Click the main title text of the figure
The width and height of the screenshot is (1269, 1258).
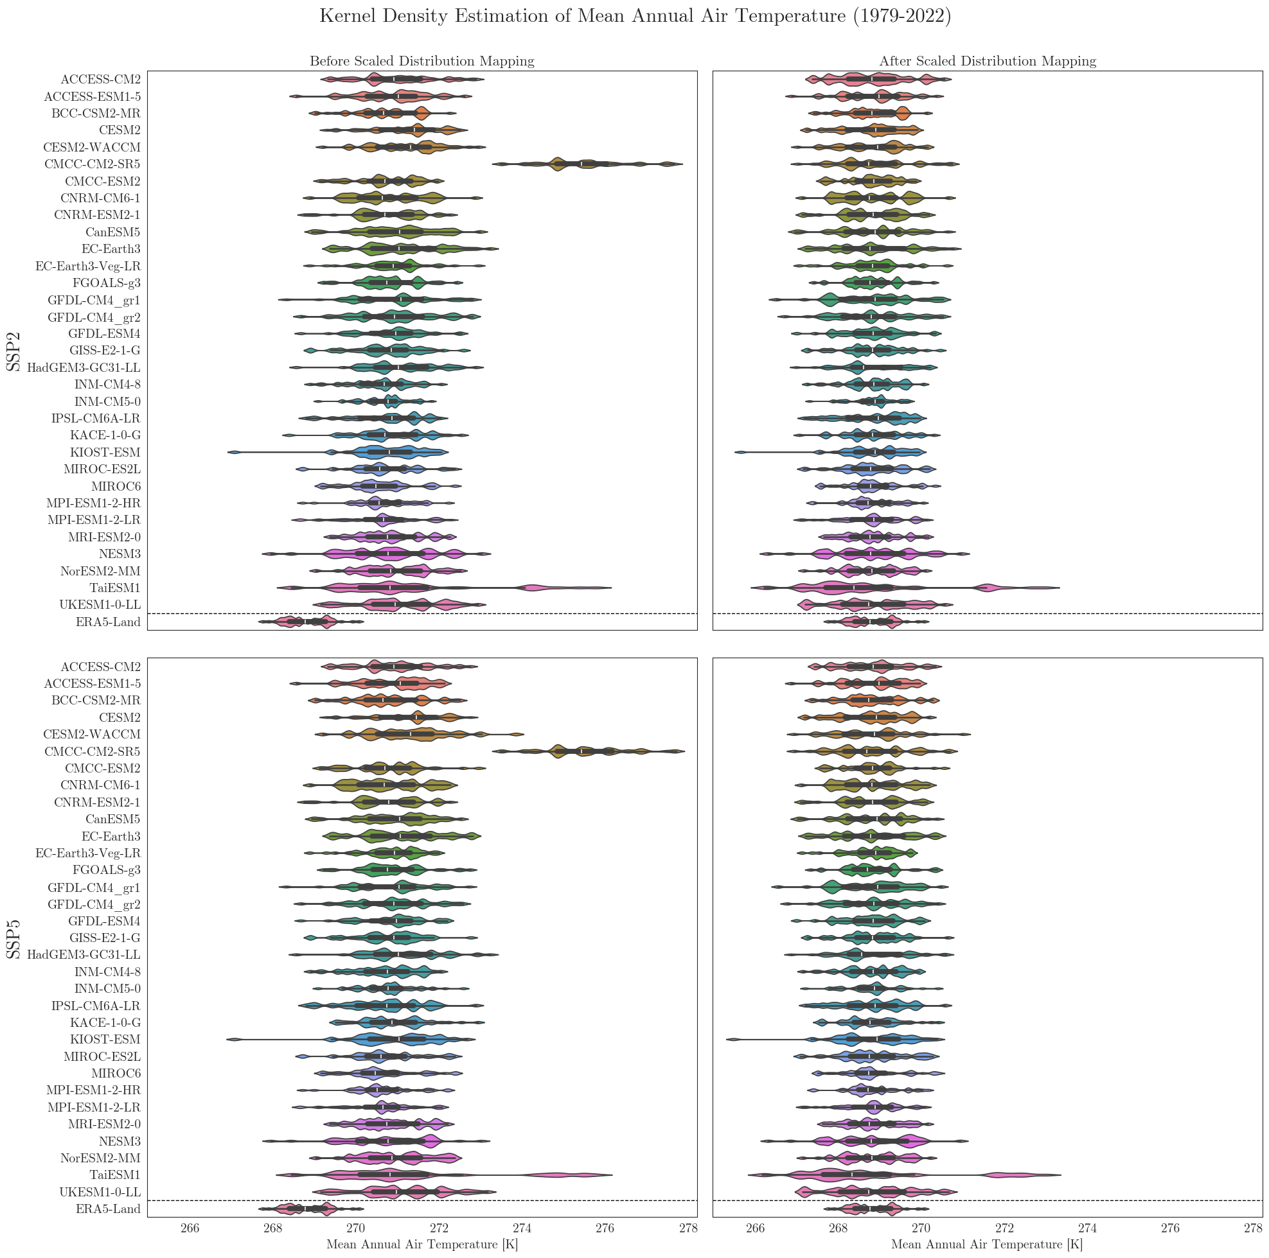[635, 17]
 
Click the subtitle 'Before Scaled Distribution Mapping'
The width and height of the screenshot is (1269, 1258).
[422, 62]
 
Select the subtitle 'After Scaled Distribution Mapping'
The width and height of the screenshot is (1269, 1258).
[987, 62]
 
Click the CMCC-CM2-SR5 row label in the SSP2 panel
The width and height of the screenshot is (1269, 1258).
[92, 164]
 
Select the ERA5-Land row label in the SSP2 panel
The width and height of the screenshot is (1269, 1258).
[108, 622]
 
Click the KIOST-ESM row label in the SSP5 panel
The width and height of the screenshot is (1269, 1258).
[105, 1040]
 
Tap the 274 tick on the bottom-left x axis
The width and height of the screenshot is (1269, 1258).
[522, 1227]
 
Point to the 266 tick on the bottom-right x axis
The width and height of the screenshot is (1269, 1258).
[756, 1227]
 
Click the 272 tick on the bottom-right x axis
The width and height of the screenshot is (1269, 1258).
[1004, 1227]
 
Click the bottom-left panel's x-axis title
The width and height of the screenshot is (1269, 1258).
[422, 1245]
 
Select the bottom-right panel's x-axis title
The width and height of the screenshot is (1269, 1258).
[986, 1245]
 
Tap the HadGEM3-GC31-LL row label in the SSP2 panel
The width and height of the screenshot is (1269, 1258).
[84, 368]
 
